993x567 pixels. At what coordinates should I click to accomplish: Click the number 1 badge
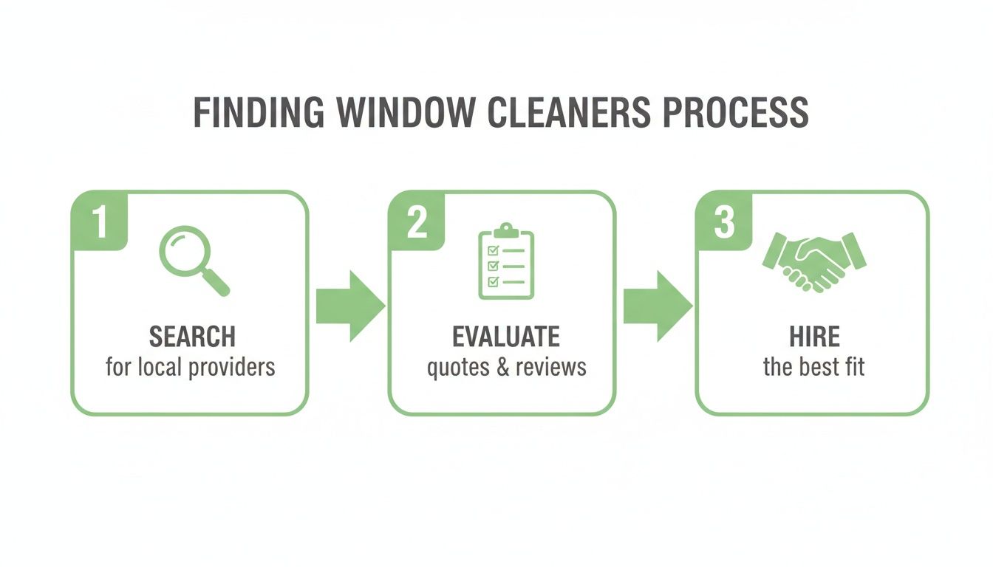pyautogui.click(x=100, y=221)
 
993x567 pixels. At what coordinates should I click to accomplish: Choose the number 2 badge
pyautogui.click(x=417, y=221)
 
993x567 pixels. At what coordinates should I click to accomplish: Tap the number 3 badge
pyautogui.click(x=724, y=221)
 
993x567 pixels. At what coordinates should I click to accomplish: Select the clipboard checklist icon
pyautogui.click(x=506, y=261)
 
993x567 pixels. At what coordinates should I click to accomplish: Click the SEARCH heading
pyautogui.click(x=192, y=337)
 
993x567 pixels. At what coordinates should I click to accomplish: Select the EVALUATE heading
pyautogui.click(x=506, y=337)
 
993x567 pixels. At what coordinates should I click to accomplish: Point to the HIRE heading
pyautogui.click(x=813, y=337)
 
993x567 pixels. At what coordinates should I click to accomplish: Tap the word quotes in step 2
pyautogui.click(x=458, y=367)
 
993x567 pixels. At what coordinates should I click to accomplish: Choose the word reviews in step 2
pyautogui.click(x=551, y=367)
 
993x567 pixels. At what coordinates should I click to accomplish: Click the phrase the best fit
pyautogui.click(x=813, y=367)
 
